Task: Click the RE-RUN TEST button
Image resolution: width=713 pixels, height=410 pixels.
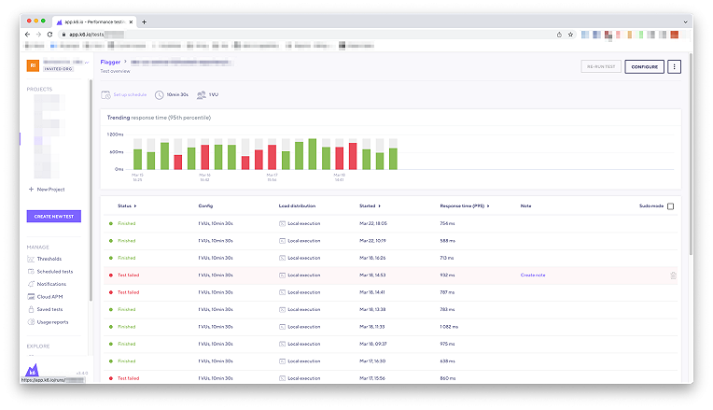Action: [600, 66]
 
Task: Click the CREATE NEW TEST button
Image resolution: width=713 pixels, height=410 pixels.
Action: [55, 216]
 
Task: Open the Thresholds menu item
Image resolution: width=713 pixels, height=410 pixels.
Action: [49, 259]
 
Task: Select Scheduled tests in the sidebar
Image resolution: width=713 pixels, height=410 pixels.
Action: [54, 271]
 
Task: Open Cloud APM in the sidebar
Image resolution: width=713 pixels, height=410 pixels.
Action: [49, 296]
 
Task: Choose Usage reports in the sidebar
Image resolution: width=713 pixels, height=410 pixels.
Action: [53, 321]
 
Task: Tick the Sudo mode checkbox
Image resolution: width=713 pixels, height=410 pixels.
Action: [670, 205]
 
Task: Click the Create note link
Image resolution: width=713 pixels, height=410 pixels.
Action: [533, 275]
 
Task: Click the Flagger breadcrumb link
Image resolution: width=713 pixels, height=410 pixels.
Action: [110, 61]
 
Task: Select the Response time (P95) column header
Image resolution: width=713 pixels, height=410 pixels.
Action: [464, 205]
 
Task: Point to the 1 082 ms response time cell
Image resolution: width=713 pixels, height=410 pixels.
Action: [449, 327]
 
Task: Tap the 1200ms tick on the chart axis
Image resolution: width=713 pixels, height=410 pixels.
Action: [115, 134]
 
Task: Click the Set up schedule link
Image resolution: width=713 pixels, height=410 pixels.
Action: [129, 94]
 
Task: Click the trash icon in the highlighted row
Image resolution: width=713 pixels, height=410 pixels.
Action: [673, 275]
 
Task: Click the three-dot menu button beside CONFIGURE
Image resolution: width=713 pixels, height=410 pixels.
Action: [675, 66]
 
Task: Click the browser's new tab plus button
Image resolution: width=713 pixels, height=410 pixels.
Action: [144, 22]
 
